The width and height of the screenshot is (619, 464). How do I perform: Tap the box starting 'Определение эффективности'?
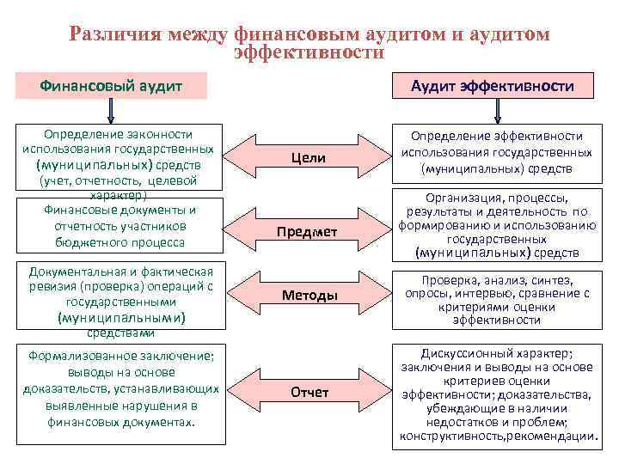[x=496, y=152]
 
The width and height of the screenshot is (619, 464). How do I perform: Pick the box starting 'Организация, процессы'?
[x=496, y=224]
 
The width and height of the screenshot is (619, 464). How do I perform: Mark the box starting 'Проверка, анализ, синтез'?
[x=496, y=300]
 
